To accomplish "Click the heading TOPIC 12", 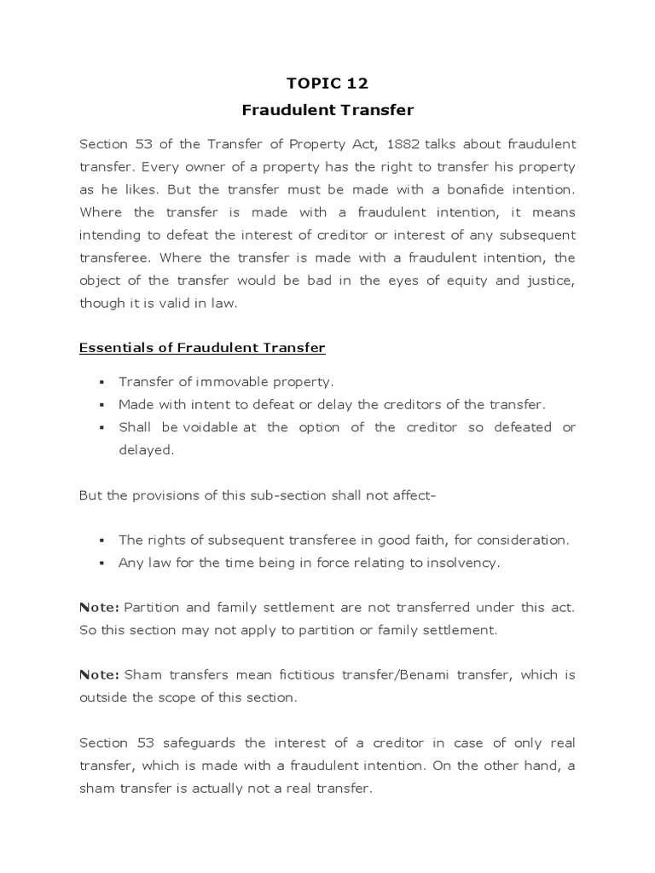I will [x=327, y=83].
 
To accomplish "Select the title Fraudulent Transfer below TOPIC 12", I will [x=327, y=110].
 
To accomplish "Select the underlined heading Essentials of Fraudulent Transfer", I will [x=202, y=348].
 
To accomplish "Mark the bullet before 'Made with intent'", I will [x=101, y=405].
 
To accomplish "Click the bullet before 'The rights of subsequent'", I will [x=101, y=541].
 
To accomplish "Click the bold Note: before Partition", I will [x=99, y=607].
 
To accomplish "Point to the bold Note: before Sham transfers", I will [x=99, y=675].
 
